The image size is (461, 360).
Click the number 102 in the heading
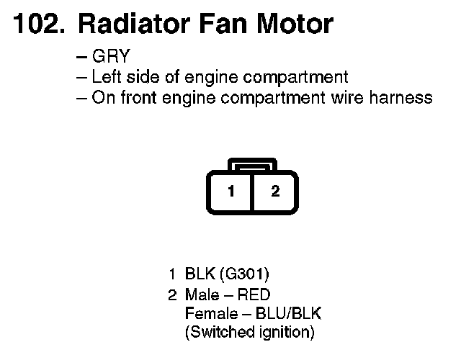[37, 25]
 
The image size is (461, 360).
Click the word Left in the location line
[106, 78]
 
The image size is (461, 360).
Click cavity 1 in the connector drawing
[230, 192]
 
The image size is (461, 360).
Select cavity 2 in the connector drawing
[275, 192]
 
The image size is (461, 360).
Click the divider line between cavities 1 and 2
[253, 192]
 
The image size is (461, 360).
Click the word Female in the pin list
[210, 314]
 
